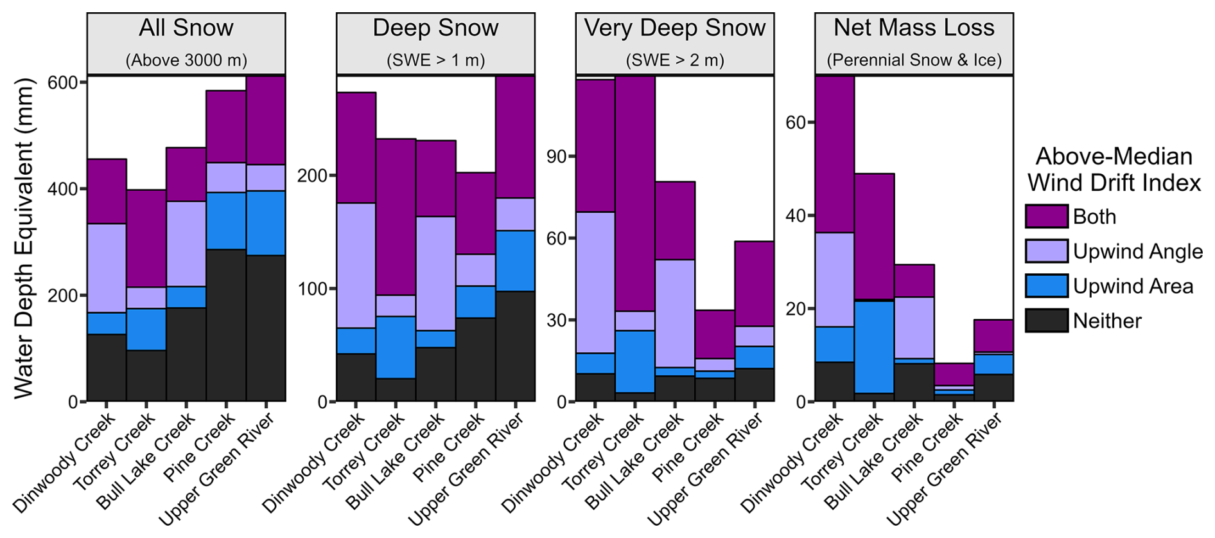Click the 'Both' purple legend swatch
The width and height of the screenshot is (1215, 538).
tap(1046, 217)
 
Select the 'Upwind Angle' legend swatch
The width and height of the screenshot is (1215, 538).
tap(1046, 251)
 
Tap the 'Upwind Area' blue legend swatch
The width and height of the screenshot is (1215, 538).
tap(1046, 286)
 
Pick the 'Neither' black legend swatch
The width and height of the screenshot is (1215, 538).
tap(1046, 321)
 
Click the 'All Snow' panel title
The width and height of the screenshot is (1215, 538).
tap(186, 28)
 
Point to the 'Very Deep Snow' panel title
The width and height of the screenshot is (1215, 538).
tap(674, 28)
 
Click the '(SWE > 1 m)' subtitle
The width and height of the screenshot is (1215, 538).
tap(435, 60)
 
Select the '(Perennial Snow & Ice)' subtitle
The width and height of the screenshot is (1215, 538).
tap(914, 60)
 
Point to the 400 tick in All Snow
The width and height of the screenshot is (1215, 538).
tap(62, 189)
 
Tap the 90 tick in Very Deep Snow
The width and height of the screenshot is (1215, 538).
tap(556, 157)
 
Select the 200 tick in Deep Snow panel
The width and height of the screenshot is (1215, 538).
tap(312, 175)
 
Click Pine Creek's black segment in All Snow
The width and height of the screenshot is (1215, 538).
tap(226, 325)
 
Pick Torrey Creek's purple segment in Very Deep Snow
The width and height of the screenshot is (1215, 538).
tap(635, 193)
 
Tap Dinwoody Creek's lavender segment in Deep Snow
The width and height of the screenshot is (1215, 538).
tap(356, 265)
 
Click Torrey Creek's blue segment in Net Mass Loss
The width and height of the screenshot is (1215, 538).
tap(874, 346)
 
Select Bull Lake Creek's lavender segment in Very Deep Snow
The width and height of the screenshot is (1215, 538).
tap(675, 313)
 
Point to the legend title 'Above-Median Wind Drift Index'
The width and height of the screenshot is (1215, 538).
tap(1114, 170)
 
